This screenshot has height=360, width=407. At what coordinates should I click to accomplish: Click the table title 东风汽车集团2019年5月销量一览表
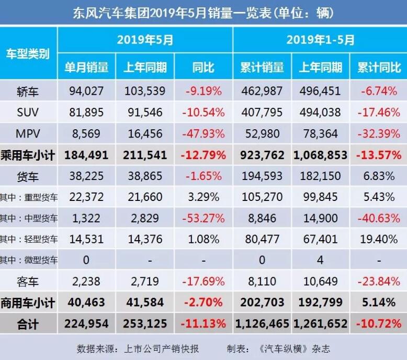pos(203,12)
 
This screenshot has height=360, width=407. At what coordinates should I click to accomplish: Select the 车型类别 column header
pos(28,53)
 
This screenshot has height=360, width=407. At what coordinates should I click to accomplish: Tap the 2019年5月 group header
pos(145,40)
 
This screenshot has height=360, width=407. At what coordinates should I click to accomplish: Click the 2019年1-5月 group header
pos(320,40)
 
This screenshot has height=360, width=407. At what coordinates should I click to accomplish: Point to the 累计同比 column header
pos(379,67)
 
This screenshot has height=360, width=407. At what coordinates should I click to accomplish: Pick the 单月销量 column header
pos(86,67)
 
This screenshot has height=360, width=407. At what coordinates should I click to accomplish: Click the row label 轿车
pos(28,92)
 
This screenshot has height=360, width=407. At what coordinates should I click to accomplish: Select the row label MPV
pos(28,133)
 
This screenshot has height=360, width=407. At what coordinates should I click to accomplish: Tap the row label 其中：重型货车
pos(29,197)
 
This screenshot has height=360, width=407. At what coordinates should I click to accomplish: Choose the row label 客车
pos(28,282)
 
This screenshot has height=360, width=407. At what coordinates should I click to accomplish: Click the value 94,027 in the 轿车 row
pos(86,92)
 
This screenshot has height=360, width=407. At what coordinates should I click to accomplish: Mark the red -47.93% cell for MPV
pos(203,133)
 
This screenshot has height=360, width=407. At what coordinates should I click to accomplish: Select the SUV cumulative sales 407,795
pos(262,113)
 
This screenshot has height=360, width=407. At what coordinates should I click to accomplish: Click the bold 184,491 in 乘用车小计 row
pos(86,155)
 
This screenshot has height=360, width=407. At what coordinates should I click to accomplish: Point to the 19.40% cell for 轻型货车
pos(379,240)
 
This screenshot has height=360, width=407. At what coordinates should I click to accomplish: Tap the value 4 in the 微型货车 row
pos(320,260)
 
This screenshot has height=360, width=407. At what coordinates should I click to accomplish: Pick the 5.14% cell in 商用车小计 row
pos(379,302)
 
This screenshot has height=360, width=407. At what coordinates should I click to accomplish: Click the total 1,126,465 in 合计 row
pos(262,324)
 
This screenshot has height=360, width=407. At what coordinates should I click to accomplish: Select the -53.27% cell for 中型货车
pos(203,218)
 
